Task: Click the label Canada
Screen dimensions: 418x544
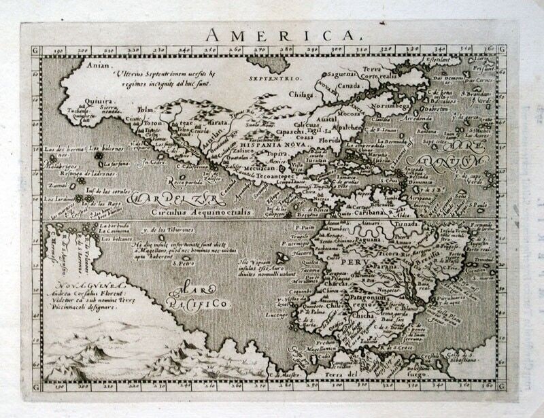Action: pos(350,86)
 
